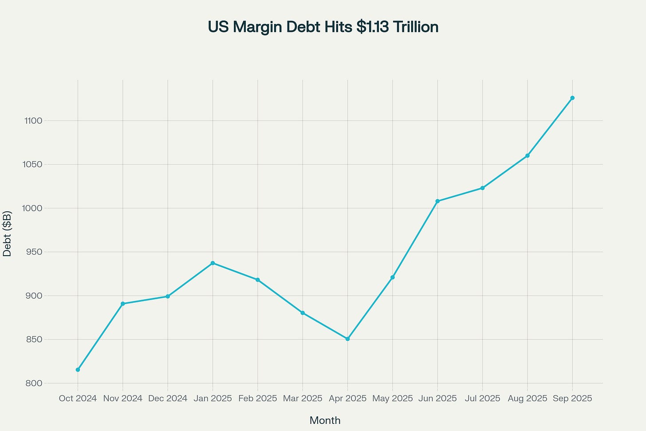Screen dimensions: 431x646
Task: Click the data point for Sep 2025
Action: click(x=572, y=98)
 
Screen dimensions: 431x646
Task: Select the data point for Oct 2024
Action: click(x=78, y=370)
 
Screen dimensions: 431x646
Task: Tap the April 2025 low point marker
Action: click(x=347, y=339)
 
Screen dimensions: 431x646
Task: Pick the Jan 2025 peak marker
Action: click(x=213, y=263)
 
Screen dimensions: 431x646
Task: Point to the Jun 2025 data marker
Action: click(x=437, y=201)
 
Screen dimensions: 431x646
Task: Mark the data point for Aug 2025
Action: click(x=527, y=155)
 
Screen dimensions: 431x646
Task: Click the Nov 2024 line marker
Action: click(x=122, y=304)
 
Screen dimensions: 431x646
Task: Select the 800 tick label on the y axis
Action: click(x=34, y=384)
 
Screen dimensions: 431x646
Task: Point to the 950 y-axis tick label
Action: click(x=34, y=252)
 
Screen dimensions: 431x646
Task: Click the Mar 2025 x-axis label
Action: click(x=303, y=399)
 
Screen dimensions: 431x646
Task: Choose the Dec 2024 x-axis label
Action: click(x=168, y=399)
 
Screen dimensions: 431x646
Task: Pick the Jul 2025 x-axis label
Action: click(x=482, y=399)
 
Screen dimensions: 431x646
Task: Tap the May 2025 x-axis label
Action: click(x=392, y=399)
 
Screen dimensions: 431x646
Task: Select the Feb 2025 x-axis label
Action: click(x=257, y=399)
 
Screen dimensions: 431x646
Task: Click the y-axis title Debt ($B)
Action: click(x=7, y=233)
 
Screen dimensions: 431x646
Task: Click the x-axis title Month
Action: click(x=325, y=420)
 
